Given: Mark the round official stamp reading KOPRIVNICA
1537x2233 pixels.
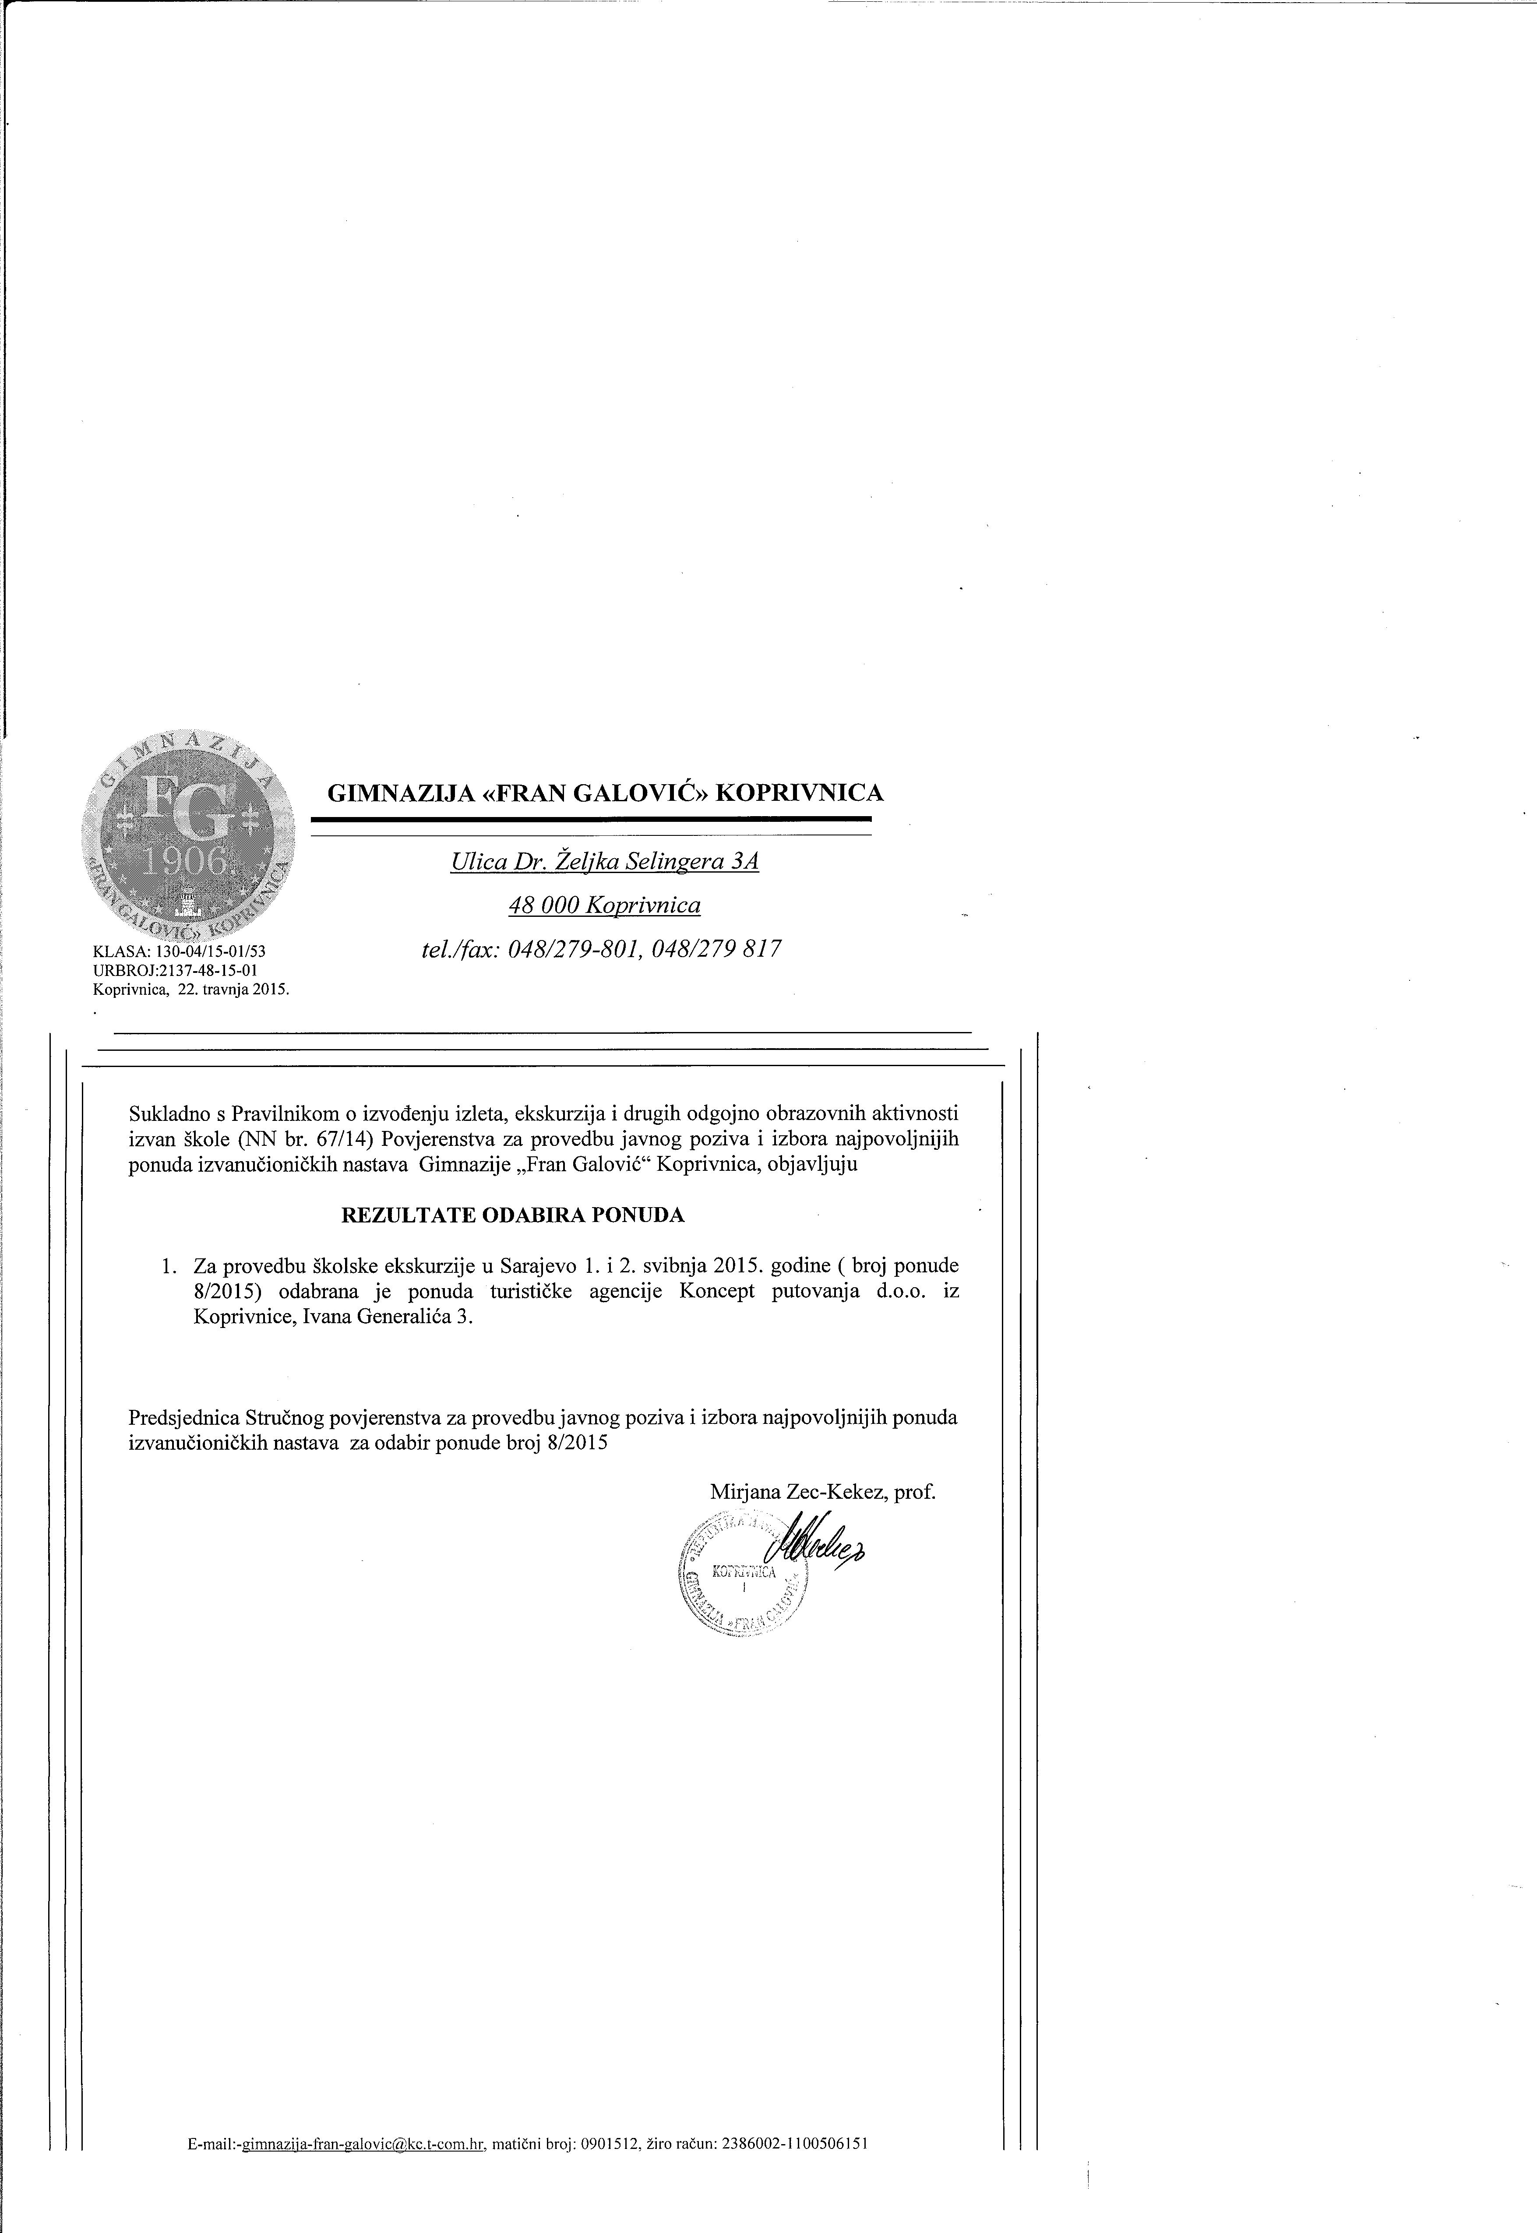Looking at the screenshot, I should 744,1576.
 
